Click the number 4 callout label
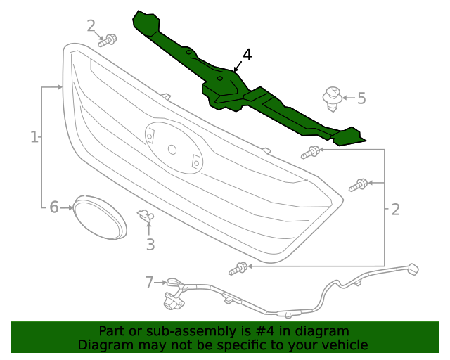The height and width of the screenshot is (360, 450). click(247, 55)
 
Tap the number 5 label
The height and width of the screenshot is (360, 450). click(361, 98)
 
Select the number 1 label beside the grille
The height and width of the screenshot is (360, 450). click(34, 136)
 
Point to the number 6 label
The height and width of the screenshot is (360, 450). click(53, 207)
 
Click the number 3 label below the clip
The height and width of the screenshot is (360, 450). click(150, 245)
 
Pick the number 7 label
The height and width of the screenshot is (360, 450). click(149, 282)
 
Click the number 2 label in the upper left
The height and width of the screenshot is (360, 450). click(91, 26)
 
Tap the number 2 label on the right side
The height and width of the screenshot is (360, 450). click(395, 209)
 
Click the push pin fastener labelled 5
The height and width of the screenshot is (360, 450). click(333, 97)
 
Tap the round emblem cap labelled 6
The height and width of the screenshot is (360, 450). click(99, 214)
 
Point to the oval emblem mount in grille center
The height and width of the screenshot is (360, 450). click(173, 148)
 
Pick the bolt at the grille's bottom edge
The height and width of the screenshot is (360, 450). click(238, 268)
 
